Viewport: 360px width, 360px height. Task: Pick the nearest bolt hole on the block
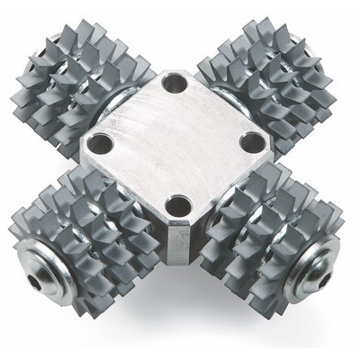click(x=177, y=203)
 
